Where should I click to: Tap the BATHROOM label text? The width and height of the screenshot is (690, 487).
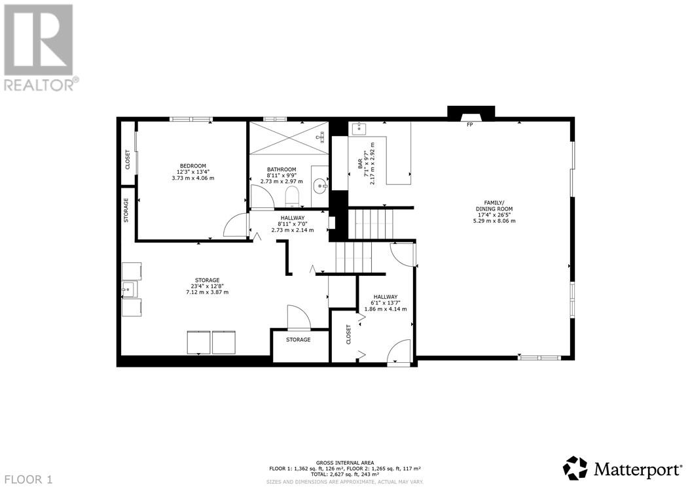point(281,169)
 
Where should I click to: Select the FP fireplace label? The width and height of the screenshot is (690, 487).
point(469,125)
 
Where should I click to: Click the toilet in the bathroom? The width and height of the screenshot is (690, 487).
point(292,197)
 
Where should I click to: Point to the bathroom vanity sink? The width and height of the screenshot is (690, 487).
point(320,186)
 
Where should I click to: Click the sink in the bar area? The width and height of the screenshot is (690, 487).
point(360,128)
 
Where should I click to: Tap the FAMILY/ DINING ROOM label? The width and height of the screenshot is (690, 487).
point(494,206)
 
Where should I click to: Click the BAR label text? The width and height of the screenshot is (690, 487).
point(360,164)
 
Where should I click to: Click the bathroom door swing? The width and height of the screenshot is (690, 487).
point(262,196)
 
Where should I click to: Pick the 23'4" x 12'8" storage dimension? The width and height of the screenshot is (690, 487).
point(208,286)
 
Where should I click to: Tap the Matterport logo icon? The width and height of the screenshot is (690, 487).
point(575,469)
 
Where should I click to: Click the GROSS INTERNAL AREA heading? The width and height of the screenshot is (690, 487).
point(345,463)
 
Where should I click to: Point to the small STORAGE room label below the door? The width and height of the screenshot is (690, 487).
point(298,340)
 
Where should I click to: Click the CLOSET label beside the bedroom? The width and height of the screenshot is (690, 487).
point(128,160)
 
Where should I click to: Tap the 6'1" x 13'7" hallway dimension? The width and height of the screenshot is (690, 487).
point(386,303)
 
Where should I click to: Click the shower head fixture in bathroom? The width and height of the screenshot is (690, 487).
point(321,137)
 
